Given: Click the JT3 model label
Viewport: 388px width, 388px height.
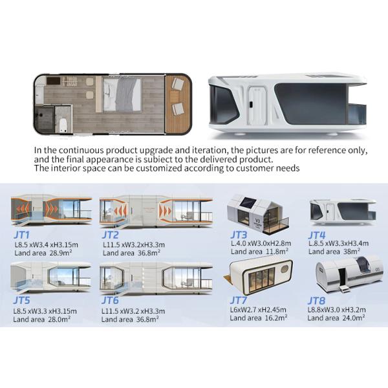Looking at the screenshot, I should point(239,235).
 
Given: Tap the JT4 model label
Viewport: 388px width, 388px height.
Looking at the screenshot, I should point(318,235).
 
